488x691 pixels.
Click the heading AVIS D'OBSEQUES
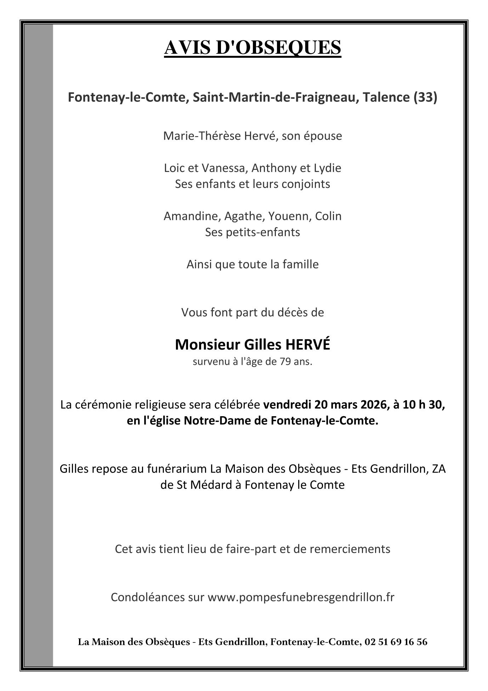252,48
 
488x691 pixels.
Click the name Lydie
327,168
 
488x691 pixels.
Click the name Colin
328,216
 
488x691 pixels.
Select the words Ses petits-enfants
252,232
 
